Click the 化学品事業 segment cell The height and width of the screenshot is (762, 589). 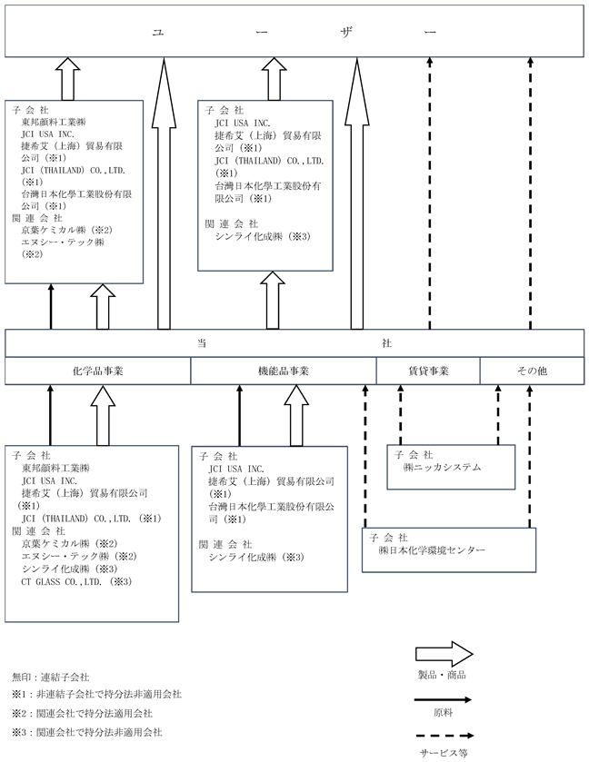coord(98,371)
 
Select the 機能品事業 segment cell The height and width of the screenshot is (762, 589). coord(284,371)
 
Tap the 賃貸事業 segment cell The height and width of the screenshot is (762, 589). coord(428,371)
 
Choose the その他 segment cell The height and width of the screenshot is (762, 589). coord(532,371)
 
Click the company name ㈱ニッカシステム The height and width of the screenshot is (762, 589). coord(442,468)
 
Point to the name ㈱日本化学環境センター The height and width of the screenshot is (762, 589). coord(432,550)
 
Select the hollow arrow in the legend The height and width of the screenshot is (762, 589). coord(444,654)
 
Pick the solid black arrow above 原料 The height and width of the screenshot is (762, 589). coord(443,700)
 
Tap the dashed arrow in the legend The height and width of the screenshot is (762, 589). coord(444,736)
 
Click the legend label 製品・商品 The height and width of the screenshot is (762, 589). coord(442,675)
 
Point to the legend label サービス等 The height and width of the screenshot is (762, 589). coord(444,753)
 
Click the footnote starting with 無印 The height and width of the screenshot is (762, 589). coord(51,677)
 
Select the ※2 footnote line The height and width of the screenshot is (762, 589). coord(82,713)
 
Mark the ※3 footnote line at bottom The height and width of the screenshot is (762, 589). coord(87,732)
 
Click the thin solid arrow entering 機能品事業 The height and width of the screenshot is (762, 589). coord(239,415)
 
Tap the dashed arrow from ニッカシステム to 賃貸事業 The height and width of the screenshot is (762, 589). coord(400,414)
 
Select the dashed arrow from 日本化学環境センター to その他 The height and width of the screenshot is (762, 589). coord(530,456)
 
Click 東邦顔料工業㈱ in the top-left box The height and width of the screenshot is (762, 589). coord(54,122)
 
